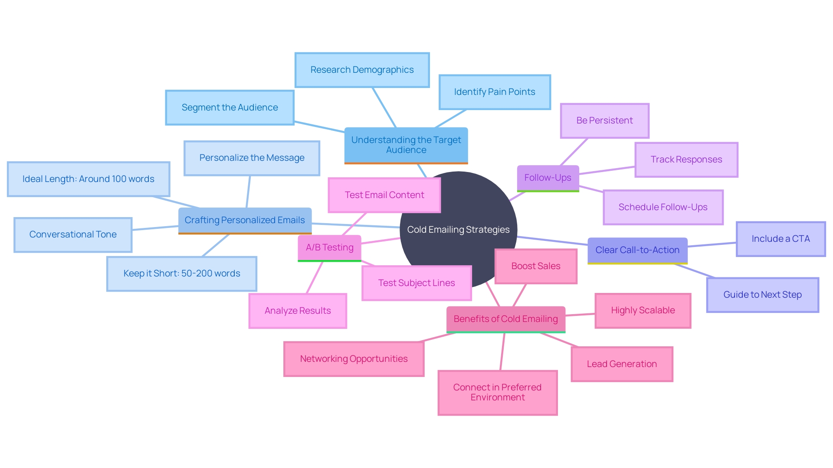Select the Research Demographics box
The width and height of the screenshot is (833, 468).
[362, 70]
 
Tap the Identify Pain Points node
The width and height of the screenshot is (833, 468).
[495, 92]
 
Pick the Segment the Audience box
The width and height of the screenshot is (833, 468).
[230, 107]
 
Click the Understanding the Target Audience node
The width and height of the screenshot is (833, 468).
[406, 145]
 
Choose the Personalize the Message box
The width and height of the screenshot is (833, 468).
[252, 158]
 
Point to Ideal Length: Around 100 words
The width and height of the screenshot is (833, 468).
[89, 179]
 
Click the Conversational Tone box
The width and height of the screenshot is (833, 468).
[73, 234]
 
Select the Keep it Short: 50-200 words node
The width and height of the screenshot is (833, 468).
[181, 273]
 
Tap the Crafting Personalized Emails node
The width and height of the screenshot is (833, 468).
[245, 220]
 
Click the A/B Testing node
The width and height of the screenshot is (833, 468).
[329, 247]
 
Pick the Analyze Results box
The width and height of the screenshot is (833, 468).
[298, 311]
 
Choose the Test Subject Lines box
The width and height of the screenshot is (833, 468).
[416, 283]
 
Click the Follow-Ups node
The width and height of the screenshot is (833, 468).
[548, 178]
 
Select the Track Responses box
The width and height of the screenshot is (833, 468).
[686, 159]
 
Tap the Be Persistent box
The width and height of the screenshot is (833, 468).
[604, 120]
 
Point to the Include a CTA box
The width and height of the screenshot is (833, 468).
[781, 239]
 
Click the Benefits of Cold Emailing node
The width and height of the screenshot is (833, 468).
[505, 319]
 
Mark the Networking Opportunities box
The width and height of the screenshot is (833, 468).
[354, 359]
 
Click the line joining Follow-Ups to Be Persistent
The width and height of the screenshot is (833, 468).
[574, 152]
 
